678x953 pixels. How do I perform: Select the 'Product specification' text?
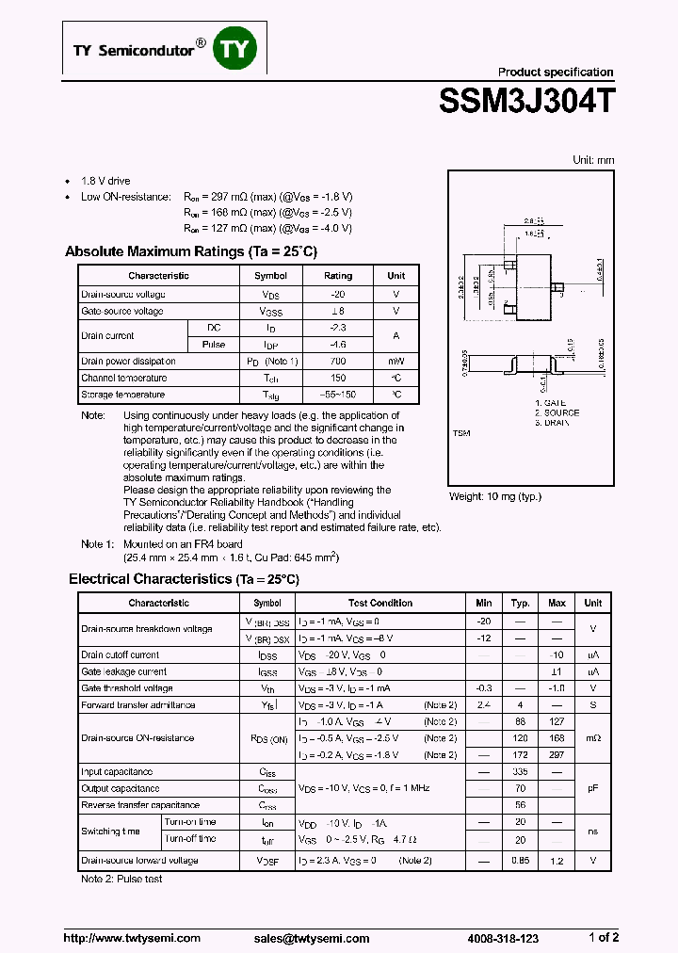click(555, 73)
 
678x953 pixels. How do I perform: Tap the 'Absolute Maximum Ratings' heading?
click(191, 252)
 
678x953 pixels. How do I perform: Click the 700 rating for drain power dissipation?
click(338, 362)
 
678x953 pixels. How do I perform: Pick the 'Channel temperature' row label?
click(123, 379)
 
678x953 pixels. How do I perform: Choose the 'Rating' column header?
click(338, 276)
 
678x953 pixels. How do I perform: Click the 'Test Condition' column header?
click(380, 604)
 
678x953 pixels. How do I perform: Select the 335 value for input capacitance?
click(520, 772)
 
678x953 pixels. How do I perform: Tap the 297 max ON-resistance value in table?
click(557, 755)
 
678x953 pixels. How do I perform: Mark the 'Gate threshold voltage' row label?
click(127, 688)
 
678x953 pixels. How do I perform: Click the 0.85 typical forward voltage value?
click(520, 861)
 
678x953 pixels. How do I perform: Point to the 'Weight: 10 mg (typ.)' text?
click(495, 496)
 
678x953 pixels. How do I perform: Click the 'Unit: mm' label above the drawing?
click(593, 160)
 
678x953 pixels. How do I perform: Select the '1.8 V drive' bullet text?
click(105, 181)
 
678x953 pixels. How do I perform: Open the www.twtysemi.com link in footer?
click(132, 938)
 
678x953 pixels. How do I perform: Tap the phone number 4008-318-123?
click(503, 938)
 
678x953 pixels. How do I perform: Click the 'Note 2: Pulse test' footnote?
click(121, 879)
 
